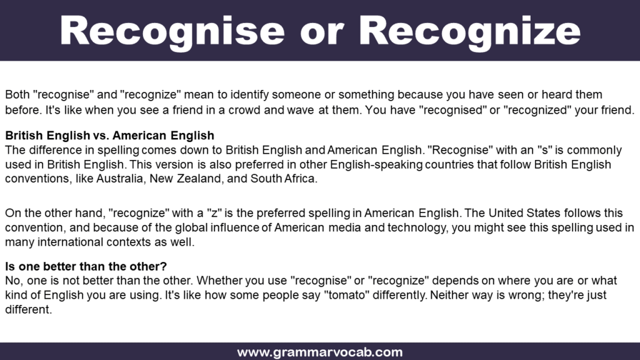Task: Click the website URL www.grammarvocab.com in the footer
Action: (x=319, y=352)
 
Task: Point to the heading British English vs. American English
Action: (x=109, y=136)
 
